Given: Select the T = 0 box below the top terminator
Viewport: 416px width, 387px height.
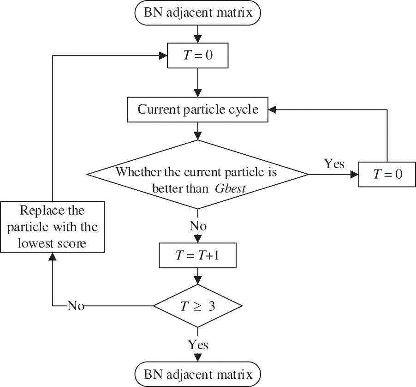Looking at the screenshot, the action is [198, 56].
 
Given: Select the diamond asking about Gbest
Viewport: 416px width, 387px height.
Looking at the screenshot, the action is [198, 175].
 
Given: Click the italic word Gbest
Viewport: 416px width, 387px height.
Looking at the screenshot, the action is [229, 189].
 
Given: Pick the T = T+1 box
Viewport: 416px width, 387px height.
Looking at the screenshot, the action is [198, 254].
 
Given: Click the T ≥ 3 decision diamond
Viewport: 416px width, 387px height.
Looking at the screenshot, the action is [198, 306].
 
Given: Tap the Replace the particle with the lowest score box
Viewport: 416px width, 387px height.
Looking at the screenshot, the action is [52, 227].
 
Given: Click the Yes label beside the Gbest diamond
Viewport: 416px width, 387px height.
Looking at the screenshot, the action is [333, 164].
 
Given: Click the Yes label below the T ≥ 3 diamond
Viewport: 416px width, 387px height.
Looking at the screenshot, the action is [198, 345].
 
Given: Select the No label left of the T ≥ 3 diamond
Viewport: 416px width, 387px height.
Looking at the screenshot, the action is [76, 306].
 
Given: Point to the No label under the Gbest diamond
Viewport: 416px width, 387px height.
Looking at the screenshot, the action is [198, 226].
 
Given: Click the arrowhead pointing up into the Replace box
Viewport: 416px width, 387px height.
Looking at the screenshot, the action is [52, 257].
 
